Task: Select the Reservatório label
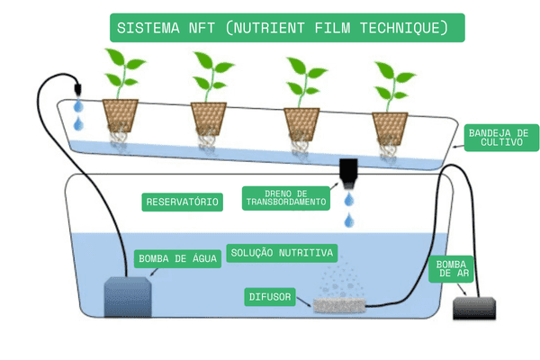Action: point(182,202)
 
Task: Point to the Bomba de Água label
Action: point(178,259)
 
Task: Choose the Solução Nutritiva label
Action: point(283,252)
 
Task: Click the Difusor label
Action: point(272,296)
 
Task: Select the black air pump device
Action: point(475,308)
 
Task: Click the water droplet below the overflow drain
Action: point(348,219)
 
